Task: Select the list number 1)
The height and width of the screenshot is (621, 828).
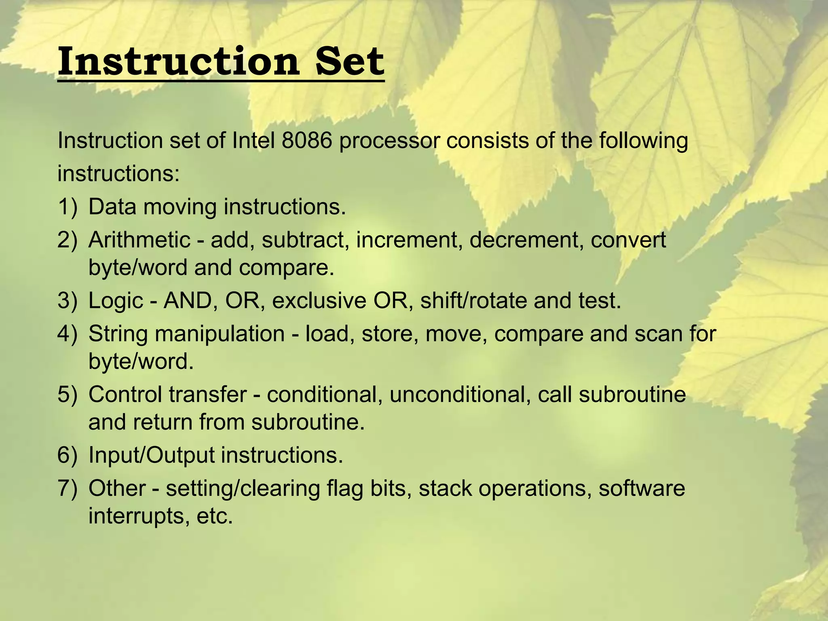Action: (x=67, y=207)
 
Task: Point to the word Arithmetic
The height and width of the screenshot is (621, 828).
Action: (x=139, y=240)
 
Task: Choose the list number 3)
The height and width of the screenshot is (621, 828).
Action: (x=67, y=301)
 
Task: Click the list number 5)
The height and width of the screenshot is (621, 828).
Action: (x=67, y=394)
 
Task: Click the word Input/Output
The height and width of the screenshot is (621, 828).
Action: (x=151, y=455)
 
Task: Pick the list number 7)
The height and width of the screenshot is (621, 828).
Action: (x=67, y=488)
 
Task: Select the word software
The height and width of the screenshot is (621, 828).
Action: (x=642, y=488)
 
